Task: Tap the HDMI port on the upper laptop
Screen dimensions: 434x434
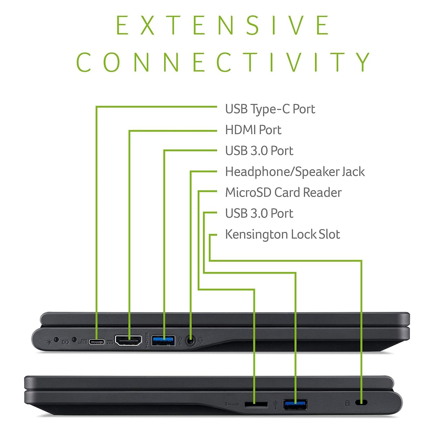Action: pyautogui.click(x=129, y=341)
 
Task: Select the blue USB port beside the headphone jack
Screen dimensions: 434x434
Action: pyautogui.click(x=163, y=341)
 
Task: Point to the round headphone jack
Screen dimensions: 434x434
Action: pyautogui.click(x=191, y=341)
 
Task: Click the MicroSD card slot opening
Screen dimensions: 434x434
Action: pyautogui.click(x=256, y=404)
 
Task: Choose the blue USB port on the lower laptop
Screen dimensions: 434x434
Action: pyautogui.click(x=295, y=405)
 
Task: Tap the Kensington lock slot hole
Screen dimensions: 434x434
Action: pyautogui.click(x=361, y=402)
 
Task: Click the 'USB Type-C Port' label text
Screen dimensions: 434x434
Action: pyautogui.click(x=270, y=109)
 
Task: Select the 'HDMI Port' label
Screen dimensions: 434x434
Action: pyautogui.click(x=253, y=130)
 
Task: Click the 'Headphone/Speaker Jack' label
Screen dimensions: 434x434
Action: pyautogui.click(x=295, y=172)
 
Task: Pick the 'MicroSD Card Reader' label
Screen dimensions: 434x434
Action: pyautogui.click(x=283, y=193)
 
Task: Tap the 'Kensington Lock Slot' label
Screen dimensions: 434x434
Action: pyautogui.click(x=283, y=234)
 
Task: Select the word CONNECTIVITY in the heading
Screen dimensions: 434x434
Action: pyautogui.click(x=223, y=62)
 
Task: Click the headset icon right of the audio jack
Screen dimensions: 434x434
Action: pyautogui.click(x=201, y=341)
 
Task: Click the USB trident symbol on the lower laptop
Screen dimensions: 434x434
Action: pyautogui.click(x=275, y=404)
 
